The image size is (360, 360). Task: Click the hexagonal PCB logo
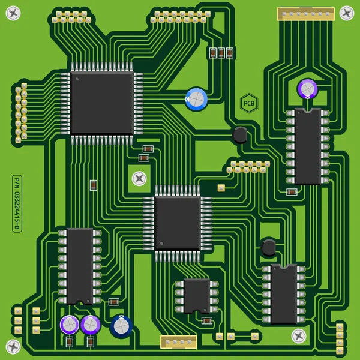point(248,103)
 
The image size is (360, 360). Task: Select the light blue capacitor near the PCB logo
point(196,98)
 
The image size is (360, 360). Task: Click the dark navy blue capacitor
point(121,325)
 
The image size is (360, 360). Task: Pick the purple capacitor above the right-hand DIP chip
point(307,89)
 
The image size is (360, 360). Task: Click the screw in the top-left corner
point(13,12)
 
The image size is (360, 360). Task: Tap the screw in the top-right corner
point(347,13)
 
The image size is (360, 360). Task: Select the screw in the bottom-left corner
point(13,346)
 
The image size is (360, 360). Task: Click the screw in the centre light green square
point(139,178)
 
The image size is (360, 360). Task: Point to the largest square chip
point(101,103)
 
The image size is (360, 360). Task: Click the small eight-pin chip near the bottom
point(197,295)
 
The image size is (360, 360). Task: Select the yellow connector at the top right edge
point(305,13)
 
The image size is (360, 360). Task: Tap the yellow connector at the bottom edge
point(179,341)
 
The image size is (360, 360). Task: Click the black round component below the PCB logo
point(240,134)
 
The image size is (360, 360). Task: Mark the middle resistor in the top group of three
point(221,53)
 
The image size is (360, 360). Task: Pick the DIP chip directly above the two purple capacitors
point(80,266)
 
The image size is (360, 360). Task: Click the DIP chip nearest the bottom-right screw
point(283,294)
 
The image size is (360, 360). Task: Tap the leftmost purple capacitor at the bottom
point(70,325)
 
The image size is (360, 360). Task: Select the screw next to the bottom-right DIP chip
point(298,335)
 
